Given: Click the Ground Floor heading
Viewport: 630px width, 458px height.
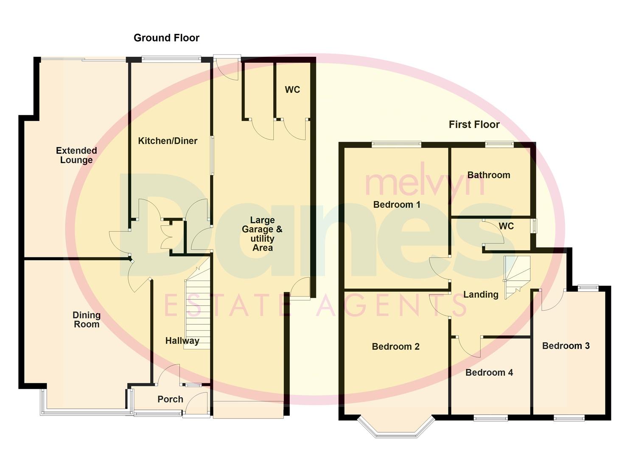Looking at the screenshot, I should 166,38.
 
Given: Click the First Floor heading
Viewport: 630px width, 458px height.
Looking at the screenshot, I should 474,124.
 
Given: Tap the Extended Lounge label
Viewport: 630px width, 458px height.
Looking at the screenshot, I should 76,155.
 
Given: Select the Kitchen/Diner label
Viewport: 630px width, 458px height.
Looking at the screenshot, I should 168,141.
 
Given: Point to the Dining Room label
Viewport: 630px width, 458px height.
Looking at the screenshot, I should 87,319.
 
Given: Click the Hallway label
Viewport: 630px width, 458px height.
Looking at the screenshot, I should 182,341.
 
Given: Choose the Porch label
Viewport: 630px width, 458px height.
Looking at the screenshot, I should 170,399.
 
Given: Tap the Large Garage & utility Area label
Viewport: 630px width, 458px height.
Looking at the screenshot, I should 262,234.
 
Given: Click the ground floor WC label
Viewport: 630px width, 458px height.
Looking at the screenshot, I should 292,89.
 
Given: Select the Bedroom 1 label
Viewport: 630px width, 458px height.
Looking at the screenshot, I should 397,204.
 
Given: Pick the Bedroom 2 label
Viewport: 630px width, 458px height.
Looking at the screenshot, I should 395,346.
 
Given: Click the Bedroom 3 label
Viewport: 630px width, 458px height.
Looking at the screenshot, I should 566,346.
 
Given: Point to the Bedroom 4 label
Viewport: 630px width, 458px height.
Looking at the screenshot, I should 489,372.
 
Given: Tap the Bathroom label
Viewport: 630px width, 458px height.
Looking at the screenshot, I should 489,175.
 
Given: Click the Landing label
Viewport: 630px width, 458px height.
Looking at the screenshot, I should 481,294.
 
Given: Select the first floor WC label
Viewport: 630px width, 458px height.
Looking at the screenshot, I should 506,226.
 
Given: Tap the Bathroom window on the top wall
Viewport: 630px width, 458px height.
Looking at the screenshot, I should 499,144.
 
